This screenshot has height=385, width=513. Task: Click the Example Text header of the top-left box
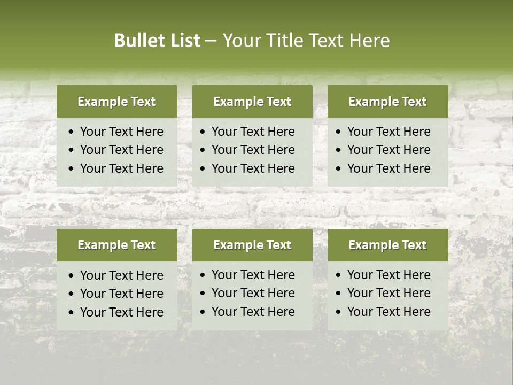click(x=116, y=102)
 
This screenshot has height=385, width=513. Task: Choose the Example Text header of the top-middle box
click(x=252, y=102)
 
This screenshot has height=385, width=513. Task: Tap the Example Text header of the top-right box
click(x=387, y=102)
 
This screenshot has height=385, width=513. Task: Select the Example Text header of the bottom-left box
click(x=116, y=245)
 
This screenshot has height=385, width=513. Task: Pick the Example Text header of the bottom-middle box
click(x=252, y=245)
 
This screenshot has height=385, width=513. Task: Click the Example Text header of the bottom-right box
click(x=387, y=245)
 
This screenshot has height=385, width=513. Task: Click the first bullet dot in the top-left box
click(x=72, y=132)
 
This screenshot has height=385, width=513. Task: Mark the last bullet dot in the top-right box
click(x=339, y=169)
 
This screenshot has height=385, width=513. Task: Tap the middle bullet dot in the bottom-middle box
click(x=203, y=294)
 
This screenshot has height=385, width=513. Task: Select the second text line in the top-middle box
click(x=253, y=150)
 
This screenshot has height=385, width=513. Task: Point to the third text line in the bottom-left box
click(x=121, y=312)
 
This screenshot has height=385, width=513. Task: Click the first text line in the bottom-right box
click(x=388, y=275)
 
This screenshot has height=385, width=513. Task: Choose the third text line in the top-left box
click(x=121, y=168)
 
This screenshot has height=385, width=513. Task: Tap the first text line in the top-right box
click(x=388, y=132)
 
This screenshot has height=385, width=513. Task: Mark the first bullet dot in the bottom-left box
click(x=72, y=276)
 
